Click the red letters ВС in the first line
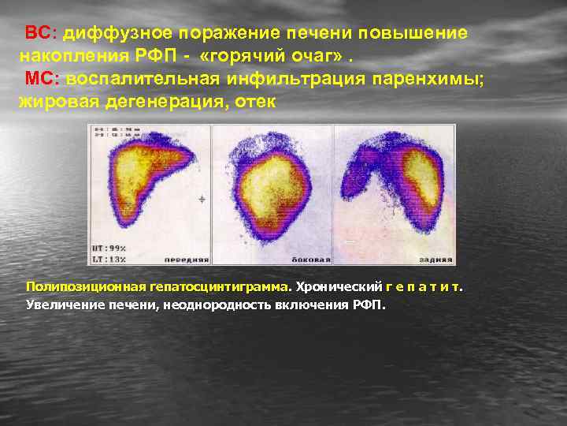click(38, 34)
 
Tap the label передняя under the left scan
click(187, 258)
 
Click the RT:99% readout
click(108, 248)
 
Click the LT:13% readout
click(108, 258)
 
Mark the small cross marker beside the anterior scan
click(202, 200)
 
